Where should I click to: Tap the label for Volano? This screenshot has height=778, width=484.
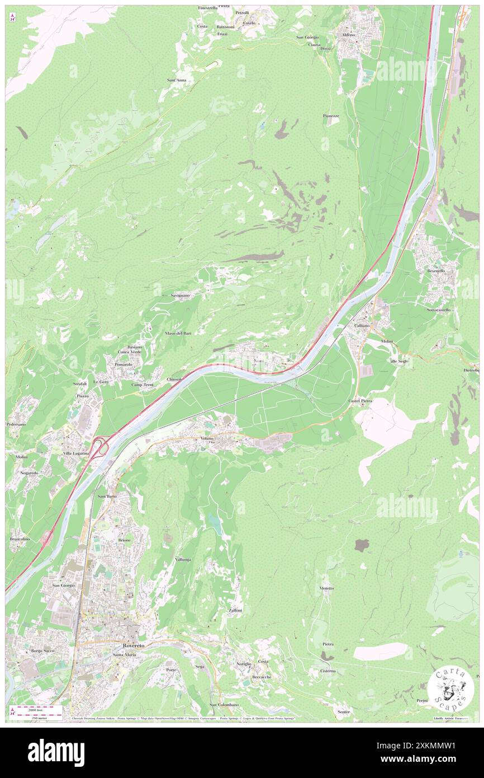(x=203, y=438)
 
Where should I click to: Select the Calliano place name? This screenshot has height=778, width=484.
(x=362, y=325)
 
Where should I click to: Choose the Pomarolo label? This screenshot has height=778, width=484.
(x=123, y=364)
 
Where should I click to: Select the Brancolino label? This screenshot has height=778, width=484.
(x=20, y=538)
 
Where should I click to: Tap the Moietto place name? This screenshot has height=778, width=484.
(x=327, y=588)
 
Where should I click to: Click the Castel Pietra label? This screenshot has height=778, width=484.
(x=360, y=401)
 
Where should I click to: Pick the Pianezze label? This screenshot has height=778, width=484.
(x=331, y=116)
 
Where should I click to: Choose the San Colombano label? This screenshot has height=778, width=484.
(x=224, y=704)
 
